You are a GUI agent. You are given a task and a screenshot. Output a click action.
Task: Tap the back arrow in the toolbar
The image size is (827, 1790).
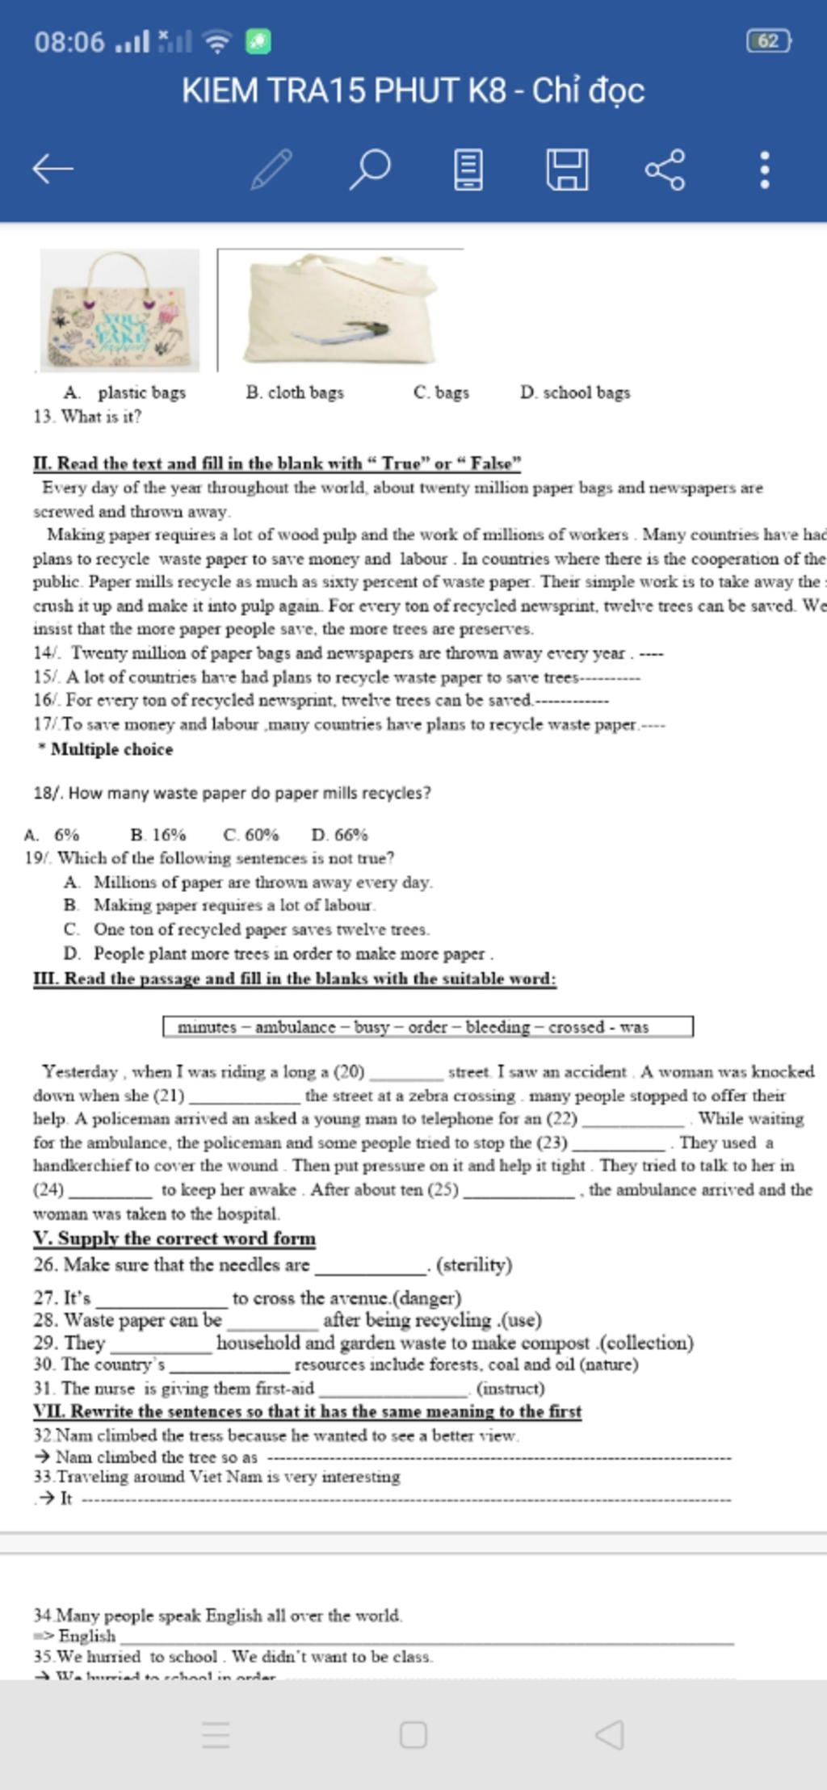tap(53, 169)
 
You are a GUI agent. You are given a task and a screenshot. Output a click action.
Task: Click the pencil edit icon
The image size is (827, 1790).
tap(271, 169)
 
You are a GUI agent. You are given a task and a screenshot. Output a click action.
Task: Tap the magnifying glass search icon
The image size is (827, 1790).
tap(370, 169)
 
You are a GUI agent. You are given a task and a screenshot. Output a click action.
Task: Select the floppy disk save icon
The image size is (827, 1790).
tap(567, 169)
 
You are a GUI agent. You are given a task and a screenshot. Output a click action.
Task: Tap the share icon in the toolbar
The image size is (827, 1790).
tap(665, 169)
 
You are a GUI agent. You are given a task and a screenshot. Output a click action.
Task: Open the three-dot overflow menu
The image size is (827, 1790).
tap(764, 169)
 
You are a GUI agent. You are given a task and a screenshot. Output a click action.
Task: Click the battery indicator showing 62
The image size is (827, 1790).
tap(768, 41)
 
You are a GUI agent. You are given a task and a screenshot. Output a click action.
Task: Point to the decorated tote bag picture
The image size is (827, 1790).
tap(120, 310)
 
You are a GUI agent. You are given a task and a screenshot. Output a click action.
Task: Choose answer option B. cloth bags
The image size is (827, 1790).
tap(295, 392)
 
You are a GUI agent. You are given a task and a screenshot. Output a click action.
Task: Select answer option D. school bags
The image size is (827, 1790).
tap(575, 392)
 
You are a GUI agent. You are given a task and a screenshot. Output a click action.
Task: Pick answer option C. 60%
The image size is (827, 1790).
tap(250, 834)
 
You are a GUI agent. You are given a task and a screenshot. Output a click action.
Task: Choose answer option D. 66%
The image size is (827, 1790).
tap(339, 834)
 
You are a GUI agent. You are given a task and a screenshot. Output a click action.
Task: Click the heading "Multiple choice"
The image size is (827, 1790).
tap(111, 749)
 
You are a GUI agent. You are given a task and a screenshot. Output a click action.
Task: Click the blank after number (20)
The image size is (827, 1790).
tap(406, 1073)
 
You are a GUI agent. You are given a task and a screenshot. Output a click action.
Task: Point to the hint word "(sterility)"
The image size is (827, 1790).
tap(474, 1265)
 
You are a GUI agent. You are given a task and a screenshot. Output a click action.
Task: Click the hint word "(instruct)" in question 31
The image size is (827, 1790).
tap(510, 1389)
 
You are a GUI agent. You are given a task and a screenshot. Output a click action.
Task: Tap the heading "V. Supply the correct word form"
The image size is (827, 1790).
tap(174, 1239)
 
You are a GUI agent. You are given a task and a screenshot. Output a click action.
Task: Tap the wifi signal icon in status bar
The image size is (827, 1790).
tap(216, 41)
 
